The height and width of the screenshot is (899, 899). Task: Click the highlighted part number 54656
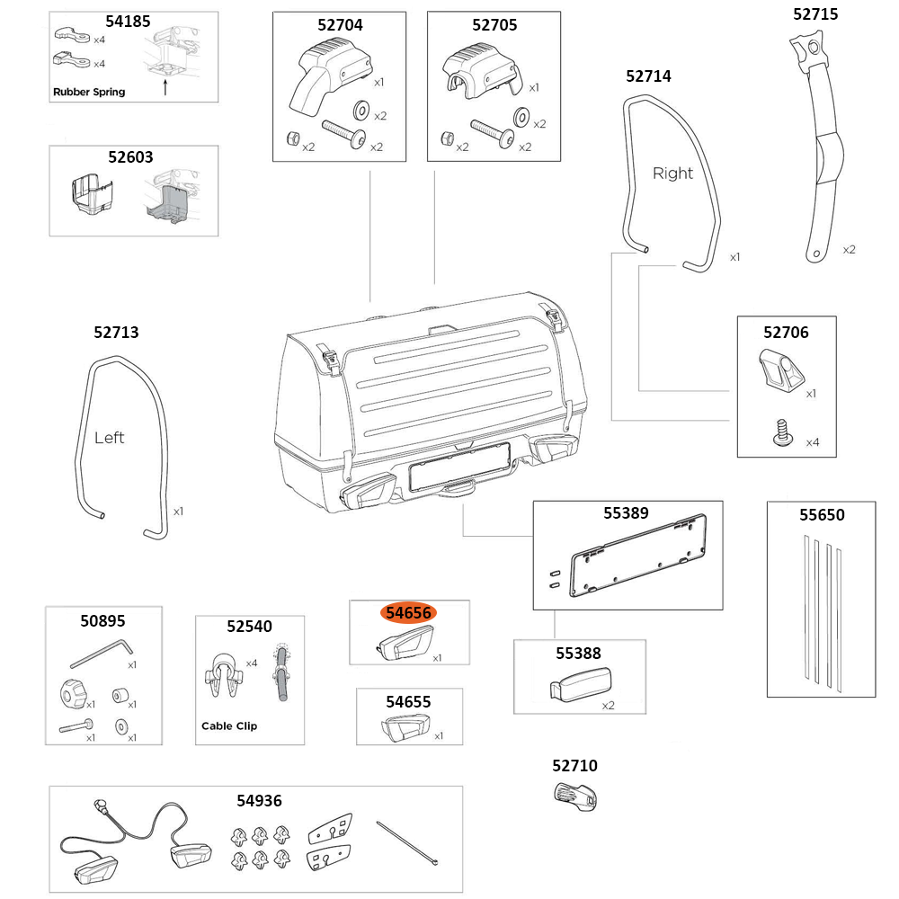pos(409,613)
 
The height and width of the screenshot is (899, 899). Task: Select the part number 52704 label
pos(340,25)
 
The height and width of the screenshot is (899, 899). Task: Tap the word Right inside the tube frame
pos(672,173)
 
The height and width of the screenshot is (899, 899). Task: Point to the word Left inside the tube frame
pos(109,438)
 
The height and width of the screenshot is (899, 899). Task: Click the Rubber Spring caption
pos(89,92)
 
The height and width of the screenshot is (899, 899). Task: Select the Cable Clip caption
pos(228,725)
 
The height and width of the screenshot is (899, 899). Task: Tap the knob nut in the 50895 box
pos(73,694)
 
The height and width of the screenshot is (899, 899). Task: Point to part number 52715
pos(817,13)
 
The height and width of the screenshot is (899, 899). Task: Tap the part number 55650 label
pos(822,515)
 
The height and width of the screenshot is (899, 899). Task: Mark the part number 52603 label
pos(132,156)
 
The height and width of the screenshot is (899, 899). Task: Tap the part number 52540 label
pos(249,626)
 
